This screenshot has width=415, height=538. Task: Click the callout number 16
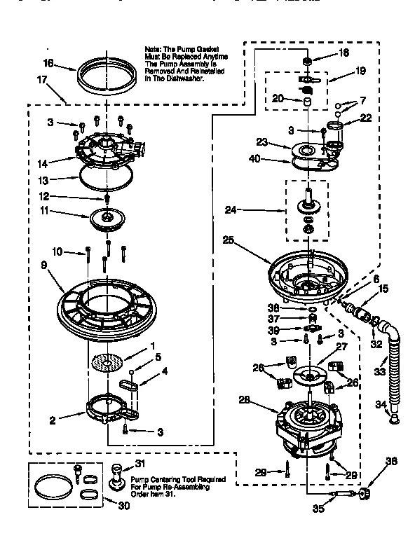pyautogui.click(x=48, y=62)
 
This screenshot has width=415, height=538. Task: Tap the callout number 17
pyautogui.click(x=41, y=80)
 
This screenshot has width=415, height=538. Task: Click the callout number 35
pyautogui.click(x=319, y=509)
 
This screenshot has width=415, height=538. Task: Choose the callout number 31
pyautogui.click(x=140, y=463)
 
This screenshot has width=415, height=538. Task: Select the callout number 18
pyautogui.click(x=343, y=53)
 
